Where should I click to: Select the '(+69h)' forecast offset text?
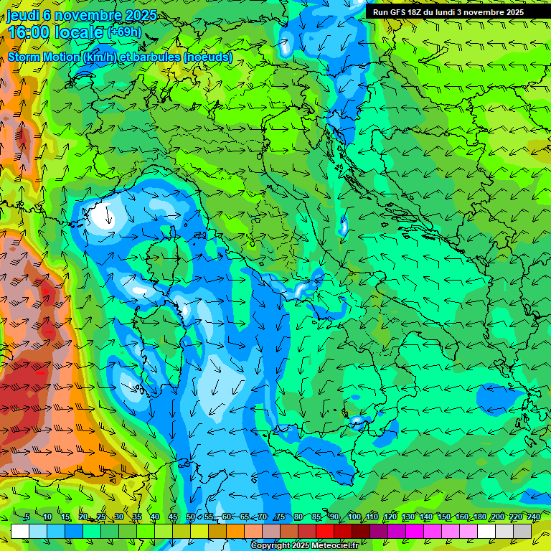tap(125, 32)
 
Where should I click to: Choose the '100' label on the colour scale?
tap(354, 517)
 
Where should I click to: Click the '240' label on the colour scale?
tap(533, 517)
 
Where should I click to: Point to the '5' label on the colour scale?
tap(27, 517)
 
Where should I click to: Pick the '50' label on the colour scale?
tap(190, 517)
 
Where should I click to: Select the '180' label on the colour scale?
tap(479, 517)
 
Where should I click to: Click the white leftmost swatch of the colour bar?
tap(20, 530)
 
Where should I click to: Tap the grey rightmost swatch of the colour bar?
tap(522, 530)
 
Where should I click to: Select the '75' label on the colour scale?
tap(280, 517)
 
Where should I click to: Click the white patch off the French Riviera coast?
tap(100, 215)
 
